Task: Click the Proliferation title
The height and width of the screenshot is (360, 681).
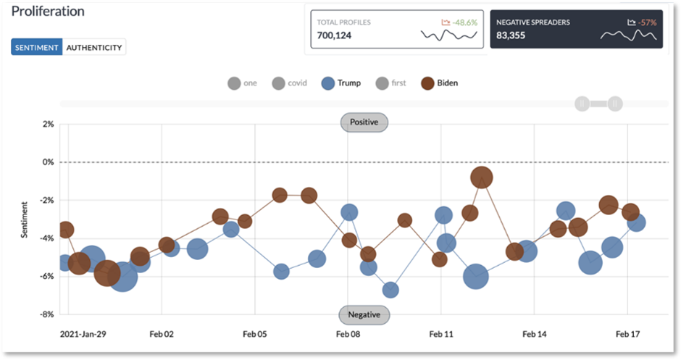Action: tap(47, 12)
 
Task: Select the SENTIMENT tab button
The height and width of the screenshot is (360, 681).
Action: tap(36, 48)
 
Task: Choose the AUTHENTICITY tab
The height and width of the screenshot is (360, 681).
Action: tap(94, 48)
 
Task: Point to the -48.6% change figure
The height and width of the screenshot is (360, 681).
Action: tap(461, 22)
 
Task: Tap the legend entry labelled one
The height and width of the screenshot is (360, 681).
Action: tap(243, 83)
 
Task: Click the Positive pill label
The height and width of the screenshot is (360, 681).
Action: tap(364, 122)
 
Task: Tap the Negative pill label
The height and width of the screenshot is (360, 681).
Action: tap(364, 315)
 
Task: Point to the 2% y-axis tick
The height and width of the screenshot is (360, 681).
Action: tap(48, 125)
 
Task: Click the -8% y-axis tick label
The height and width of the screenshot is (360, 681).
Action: tap(46, 315)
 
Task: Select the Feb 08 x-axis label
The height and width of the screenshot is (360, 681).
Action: tap(348, 335)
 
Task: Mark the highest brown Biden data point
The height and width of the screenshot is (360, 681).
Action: tap(482, 177)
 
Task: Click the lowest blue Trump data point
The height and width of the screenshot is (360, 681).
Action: tap(390, 290)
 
